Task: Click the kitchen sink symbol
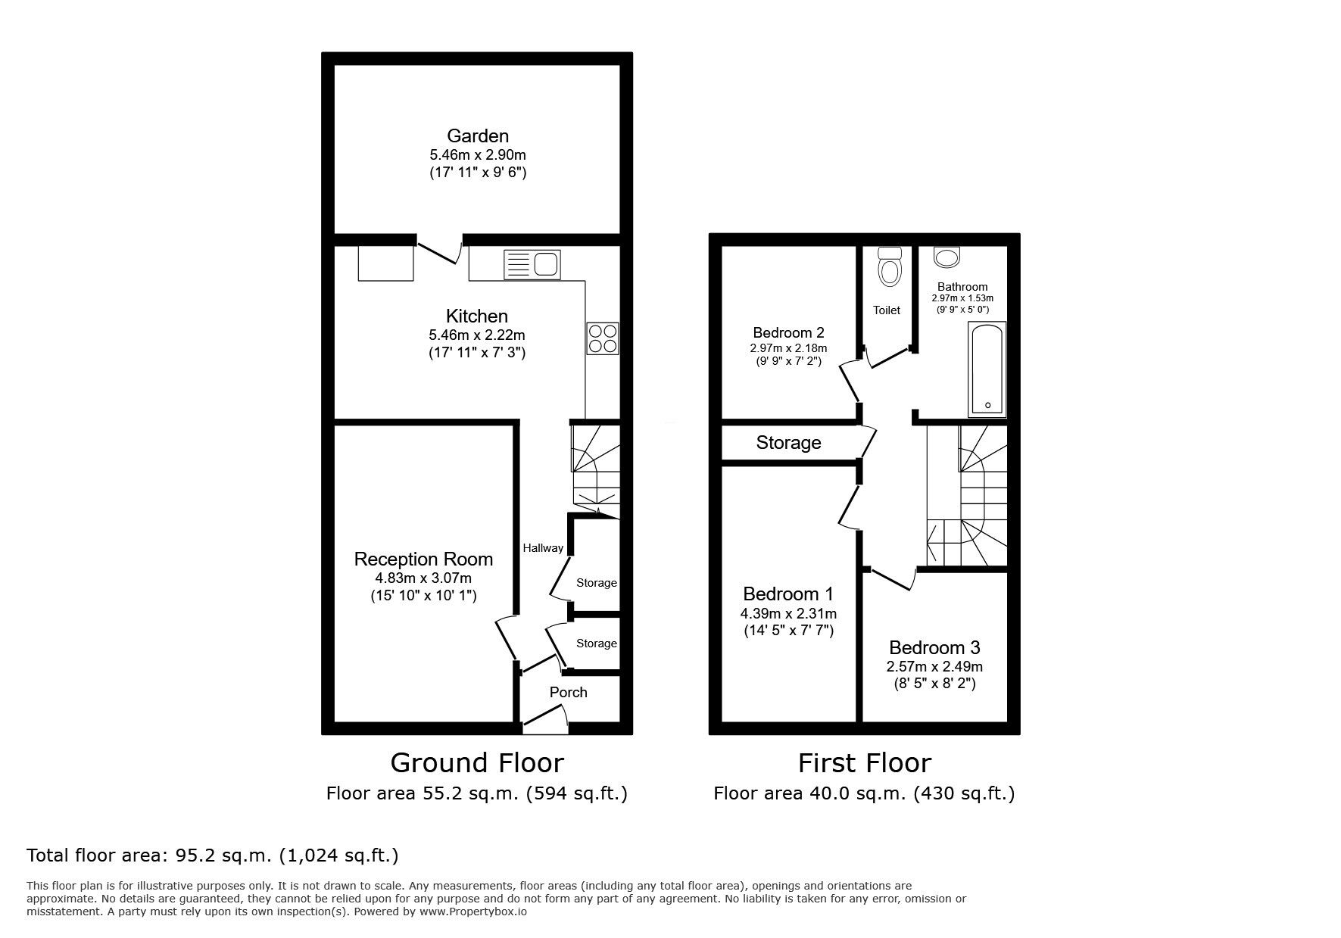click(532, 264)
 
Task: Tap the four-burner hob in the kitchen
click(603, 338)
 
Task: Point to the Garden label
click(478, 136)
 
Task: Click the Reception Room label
click(423, 559)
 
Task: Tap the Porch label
click(568, 692)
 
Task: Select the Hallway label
click(542, 548)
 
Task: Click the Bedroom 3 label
click(934, 648)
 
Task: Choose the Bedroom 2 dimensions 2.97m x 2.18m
click(788, 348)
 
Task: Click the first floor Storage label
click(788, 443)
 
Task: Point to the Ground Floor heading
click(477, 762)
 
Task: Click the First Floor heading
click(864, 762)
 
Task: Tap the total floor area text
click(212, 855)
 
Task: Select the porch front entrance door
click(546, 719)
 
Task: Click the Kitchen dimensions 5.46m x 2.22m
click(476, 335)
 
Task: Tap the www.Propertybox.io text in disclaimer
click(473, 912)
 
